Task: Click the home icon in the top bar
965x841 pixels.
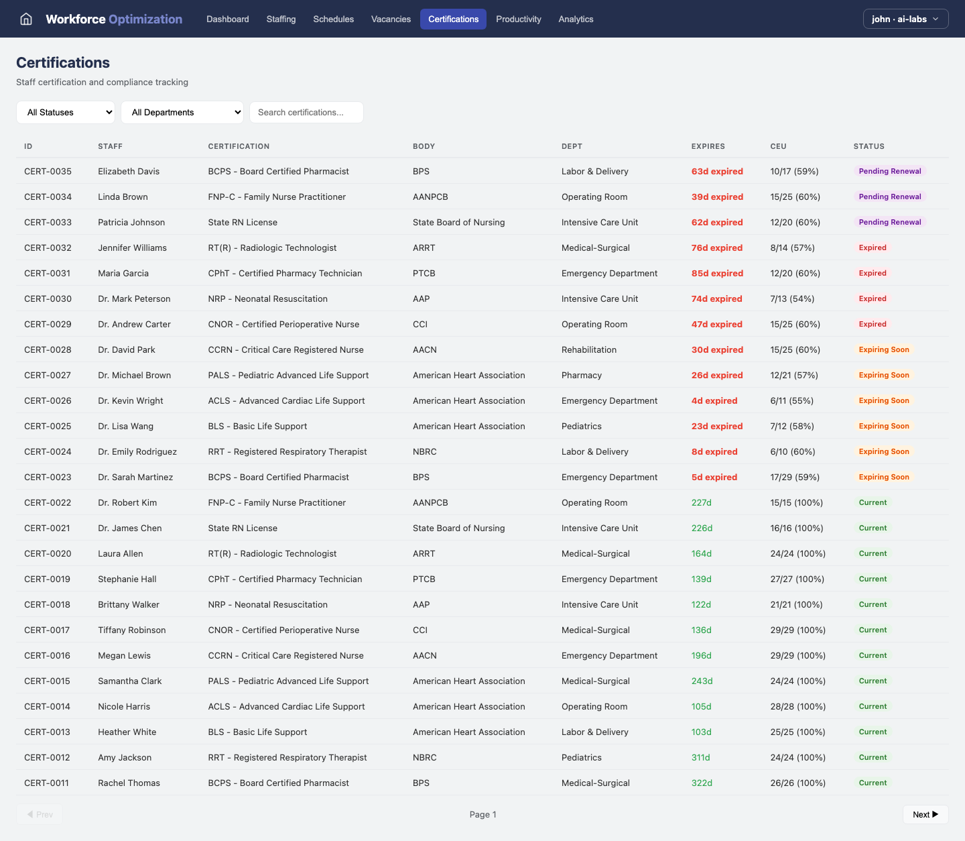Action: click(26, 19)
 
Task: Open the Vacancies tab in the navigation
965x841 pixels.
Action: click(391, 19)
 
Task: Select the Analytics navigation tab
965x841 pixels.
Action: click(576, 19)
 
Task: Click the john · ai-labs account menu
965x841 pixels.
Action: click(905, 19)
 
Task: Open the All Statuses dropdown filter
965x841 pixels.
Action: click(66, 113)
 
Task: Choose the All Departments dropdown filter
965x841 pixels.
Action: click(182, 113)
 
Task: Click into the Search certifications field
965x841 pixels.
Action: click(306, 113)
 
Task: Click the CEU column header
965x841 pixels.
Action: click(778, 146)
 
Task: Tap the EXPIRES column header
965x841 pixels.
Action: click(708, 146)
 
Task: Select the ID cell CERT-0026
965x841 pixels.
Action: click(48, 401)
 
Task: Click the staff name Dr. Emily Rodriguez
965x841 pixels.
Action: click(137, 452)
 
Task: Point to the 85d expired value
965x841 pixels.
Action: click(717, 274)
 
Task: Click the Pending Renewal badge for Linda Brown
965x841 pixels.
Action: click(889, 197)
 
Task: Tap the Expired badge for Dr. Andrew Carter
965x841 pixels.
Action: click(873, 325)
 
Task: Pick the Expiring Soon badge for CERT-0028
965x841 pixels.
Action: click(884, 350)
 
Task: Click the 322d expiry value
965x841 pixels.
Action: click(702, 783)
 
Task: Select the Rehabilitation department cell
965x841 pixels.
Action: click(588, 350)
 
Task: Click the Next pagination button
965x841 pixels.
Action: click(925, 814)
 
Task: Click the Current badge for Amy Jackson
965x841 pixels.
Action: click(873, 758)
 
